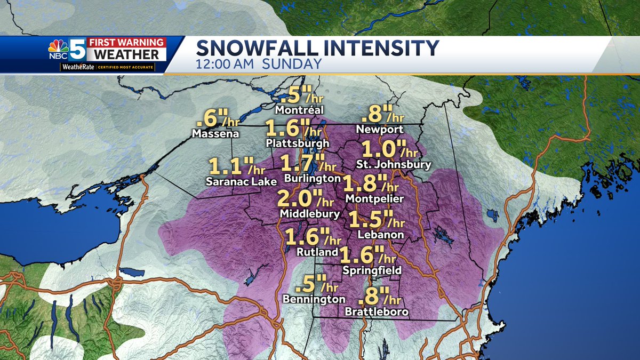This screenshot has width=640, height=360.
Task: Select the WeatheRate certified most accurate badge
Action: (107, 68)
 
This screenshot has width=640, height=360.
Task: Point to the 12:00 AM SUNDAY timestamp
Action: (259, 64)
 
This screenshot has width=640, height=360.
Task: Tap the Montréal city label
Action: (299, 110)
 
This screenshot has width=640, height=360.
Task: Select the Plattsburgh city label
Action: (298, 143)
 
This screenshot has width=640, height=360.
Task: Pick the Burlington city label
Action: (312, 178)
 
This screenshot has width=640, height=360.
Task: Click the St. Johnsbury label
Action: (394, 165)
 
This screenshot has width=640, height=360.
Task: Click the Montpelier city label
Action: (374, 198)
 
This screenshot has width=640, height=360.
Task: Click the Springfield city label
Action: (372, 271)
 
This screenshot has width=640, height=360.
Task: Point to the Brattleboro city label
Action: (377, 311)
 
